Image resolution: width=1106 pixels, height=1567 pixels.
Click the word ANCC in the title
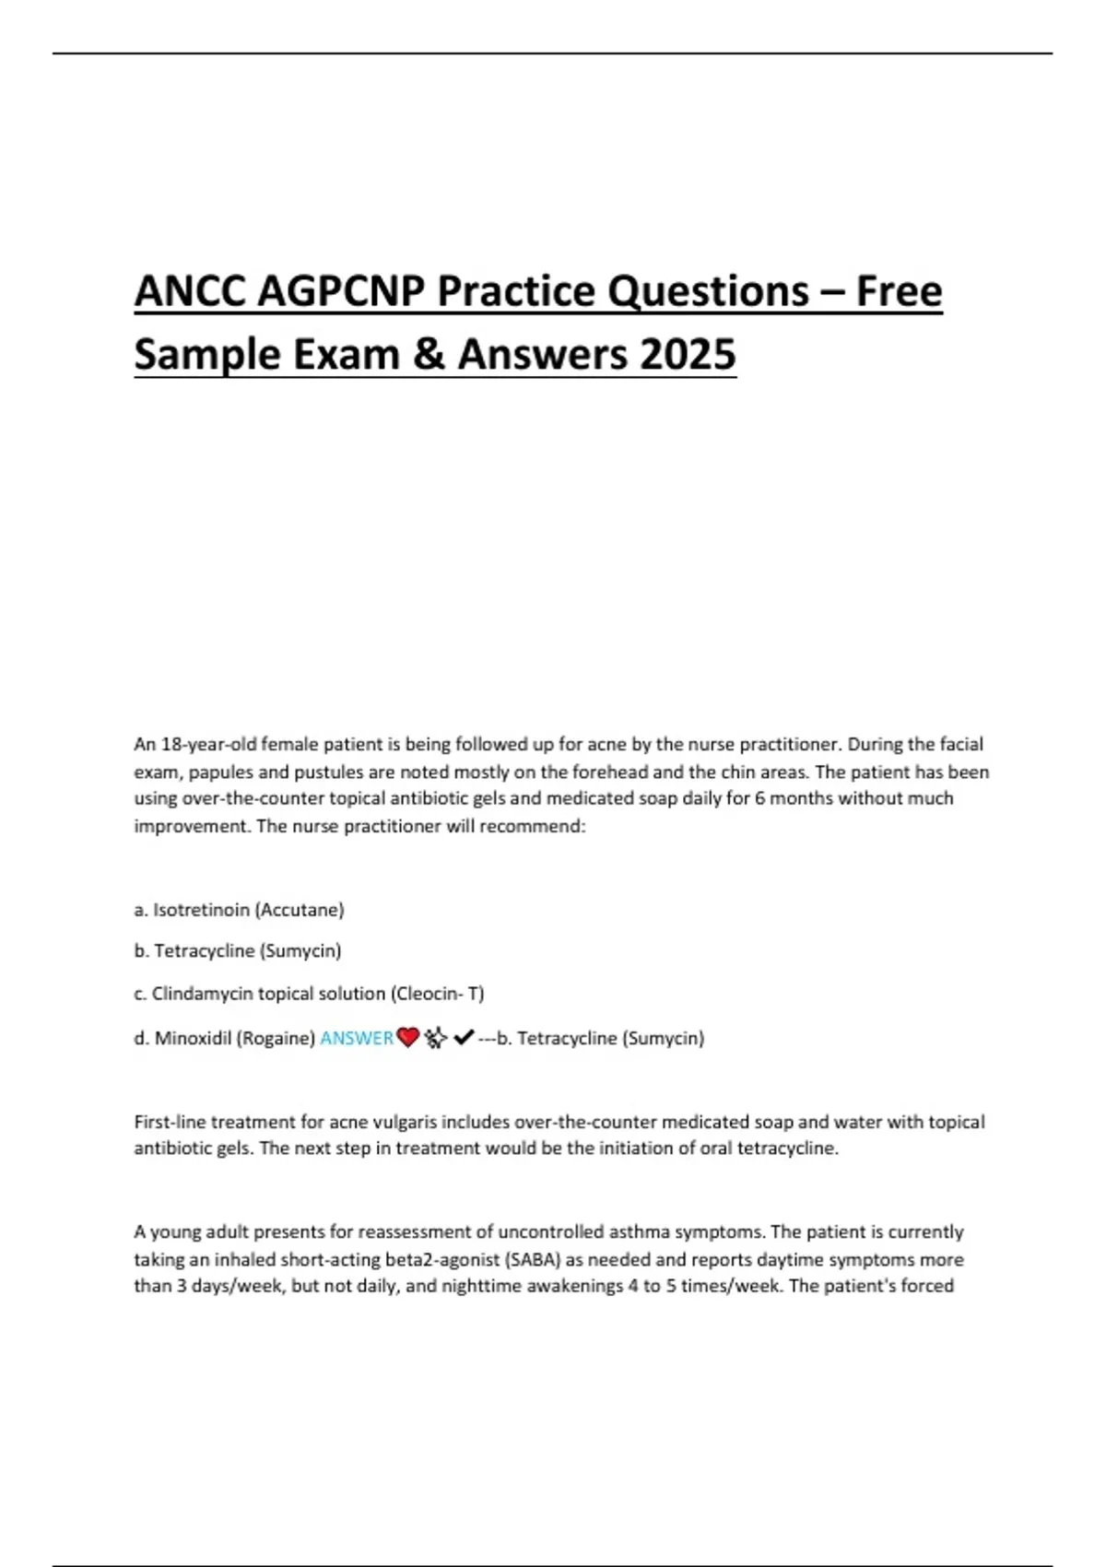tap(190, 292)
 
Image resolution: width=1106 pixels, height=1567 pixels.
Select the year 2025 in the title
tap(688, 355)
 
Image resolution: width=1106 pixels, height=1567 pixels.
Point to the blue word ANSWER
tap(357, 1038)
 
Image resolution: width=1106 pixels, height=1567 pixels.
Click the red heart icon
tap(407, 1038)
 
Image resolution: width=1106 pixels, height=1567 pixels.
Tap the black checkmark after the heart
tap(464, 1038)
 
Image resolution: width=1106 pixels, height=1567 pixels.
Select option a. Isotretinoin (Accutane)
tap(239, 910)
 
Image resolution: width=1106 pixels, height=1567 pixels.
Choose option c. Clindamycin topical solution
tap(309, 994)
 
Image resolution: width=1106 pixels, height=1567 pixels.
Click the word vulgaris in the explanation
tap(429, 1122)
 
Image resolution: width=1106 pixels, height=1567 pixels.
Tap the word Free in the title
tap(899, 292)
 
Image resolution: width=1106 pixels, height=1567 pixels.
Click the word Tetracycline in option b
tap(204, 950)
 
